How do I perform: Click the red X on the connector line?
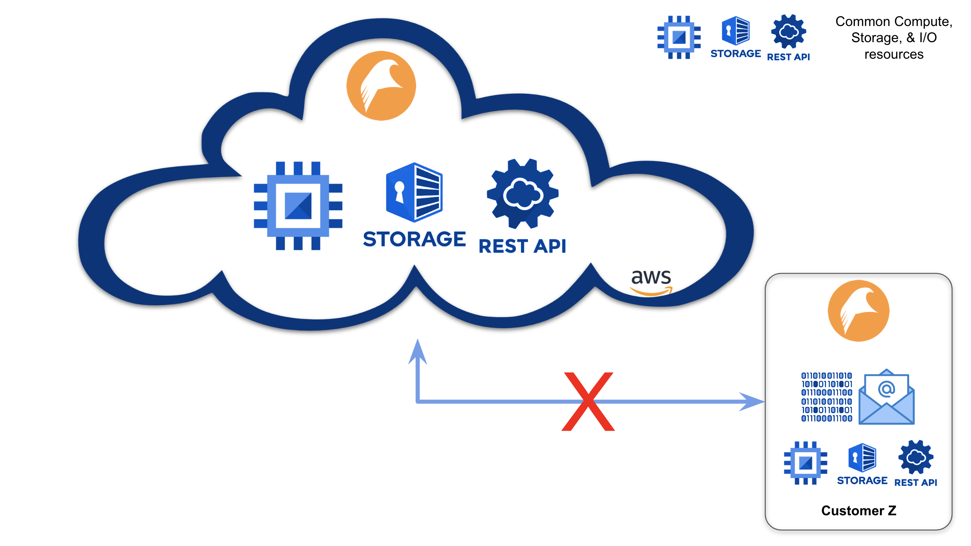[x=588, y=401]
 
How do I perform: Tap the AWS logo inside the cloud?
[x=651, y=281]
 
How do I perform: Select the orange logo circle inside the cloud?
[x=381, y=85]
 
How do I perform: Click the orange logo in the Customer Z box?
[x=858, y=310]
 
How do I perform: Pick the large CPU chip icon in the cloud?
[x=298, y=206]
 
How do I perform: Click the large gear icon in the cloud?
[x=523, y=194]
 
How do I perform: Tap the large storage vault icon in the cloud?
[x=415, y=192]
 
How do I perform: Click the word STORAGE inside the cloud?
[x=414, y=239]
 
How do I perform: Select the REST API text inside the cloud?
[x=522, y=246]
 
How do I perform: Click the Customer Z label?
[x=858, y=511]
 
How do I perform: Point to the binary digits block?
[x=826, y=397]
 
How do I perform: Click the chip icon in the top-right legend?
[x=679, y=37]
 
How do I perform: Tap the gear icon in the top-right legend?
[x=788, y=31]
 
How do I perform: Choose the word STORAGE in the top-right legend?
[x=736, y=54]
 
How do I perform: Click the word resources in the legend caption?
[x=893, y=54]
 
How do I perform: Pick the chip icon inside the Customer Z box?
[x=805, y=463]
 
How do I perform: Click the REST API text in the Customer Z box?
[x=915, y=483]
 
